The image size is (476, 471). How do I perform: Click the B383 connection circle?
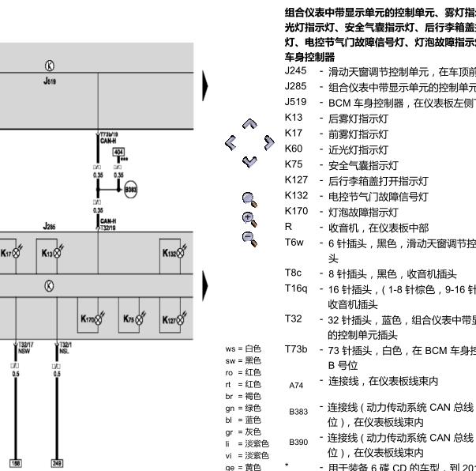click(129, 190)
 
